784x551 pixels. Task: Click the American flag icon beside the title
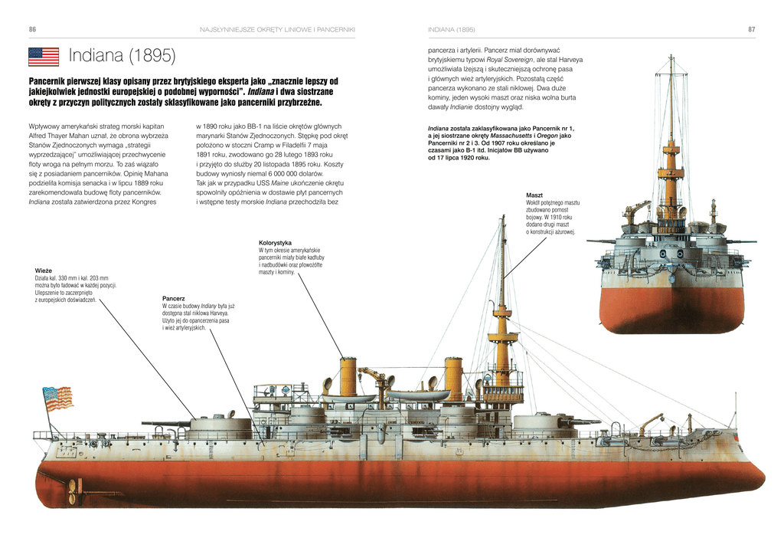pos(44,57)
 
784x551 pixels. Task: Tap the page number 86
pos(32,30)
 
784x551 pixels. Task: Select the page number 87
pos(752,30)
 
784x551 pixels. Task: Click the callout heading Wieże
pos(44,271)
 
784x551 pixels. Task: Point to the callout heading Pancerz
pos(174,298)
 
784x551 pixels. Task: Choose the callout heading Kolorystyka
pos(275,243)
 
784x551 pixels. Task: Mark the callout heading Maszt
pos(534,195)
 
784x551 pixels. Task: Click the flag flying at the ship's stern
pos(57,398)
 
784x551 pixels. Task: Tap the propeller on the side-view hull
pos(74,490)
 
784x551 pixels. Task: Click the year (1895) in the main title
pos(152,55)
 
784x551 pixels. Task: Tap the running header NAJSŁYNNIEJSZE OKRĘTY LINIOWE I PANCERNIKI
pos(277,30)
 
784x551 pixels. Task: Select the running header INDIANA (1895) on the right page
pos(452,30)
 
